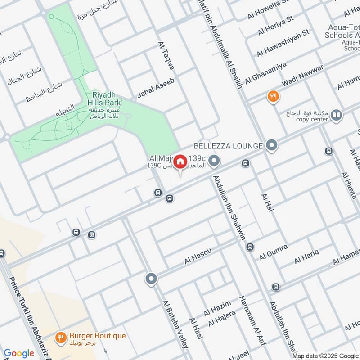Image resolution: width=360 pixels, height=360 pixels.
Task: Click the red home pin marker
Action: point(180,161)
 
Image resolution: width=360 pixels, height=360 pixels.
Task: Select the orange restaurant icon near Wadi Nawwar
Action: point(273,96)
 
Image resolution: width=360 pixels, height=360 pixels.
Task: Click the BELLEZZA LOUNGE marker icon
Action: point(271,145)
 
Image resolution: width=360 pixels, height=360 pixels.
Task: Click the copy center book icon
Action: point(336,116)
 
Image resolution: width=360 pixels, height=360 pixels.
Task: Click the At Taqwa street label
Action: point(165,56)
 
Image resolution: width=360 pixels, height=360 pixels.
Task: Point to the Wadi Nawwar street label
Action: point(302,77)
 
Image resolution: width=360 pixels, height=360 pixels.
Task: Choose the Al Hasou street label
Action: point(198,255)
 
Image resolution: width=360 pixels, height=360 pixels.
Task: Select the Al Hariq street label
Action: point(307,256)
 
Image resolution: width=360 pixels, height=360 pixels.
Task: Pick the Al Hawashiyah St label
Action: point(283,44)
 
